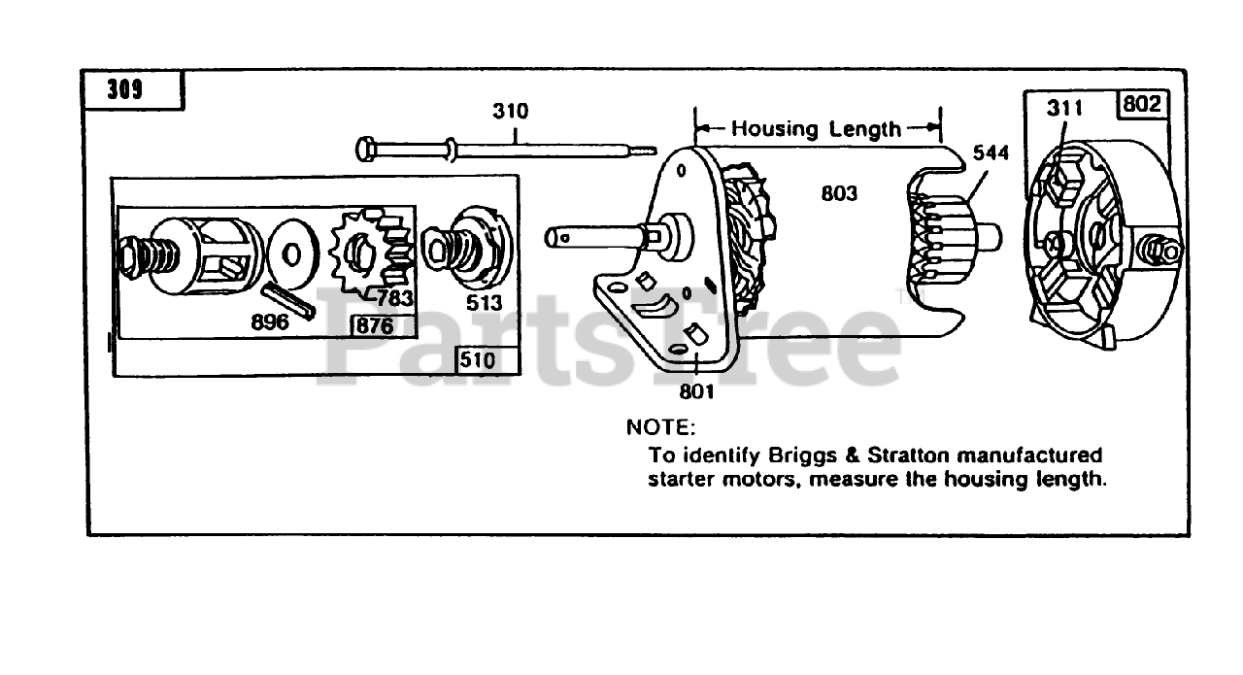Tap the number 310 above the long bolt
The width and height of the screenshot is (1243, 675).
510,112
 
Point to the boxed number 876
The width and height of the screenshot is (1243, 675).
375,325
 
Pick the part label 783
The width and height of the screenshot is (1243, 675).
395,298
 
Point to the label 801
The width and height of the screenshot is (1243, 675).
697,391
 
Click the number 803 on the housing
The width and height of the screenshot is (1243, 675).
838,194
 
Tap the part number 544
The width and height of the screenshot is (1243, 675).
991,153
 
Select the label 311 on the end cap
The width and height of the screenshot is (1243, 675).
1064,109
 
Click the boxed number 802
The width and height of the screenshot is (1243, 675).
1142,104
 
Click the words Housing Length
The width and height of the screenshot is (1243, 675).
816,128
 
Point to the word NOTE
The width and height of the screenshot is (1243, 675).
660,427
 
